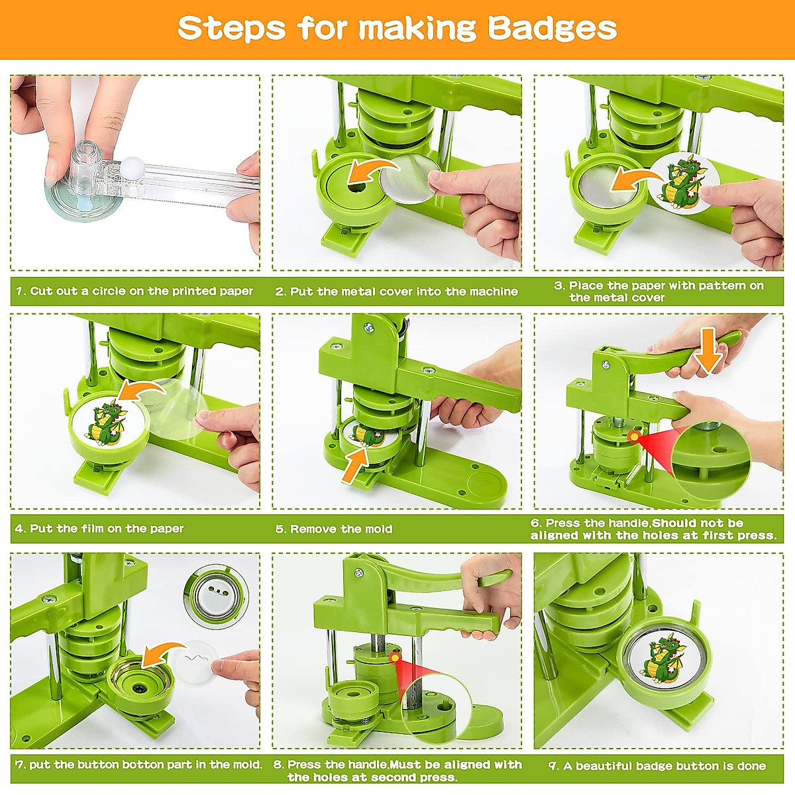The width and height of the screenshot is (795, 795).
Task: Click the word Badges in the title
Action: coord(552,28)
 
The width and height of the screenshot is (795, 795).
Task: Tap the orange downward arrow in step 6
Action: coord(708,354)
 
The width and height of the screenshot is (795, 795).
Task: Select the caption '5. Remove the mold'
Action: coord(334,529)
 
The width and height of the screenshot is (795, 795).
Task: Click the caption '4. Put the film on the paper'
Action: coord(99,529)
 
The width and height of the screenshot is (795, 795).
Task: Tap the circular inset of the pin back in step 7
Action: coord(217,596)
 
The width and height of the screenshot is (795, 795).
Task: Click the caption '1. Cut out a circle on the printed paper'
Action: coord(134,291)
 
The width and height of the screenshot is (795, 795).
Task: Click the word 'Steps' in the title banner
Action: coord(232,28)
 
